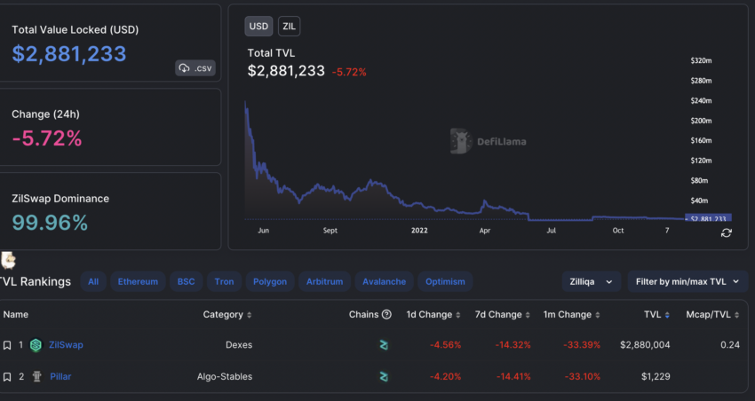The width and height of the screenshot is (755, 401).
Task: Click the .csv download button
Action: pyautogui.click(x=195, y=67)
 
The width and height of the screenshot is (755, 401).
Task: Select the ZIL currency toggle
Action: pyautogui.click(x=289, y=26)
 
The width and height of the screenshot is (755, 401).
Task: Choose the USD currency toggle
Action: pyautogui.click(x=258, y=26)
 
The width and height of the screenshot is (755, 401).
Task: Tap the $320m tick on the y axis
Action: pyautogui.click(x=702, y=60)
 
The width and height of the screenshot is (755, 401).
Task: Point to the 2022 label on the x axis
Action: pyautogui.click(x=420, y=231)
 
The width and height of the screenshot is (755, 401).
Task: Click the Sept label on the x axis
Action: pyautogui.click(x=330, y=231)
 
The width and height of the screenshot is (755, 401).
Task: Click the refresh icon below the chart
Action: pyautogui.click(x=726, y=232)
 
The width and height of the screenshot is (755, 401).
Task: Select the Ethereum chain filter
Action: pyautogui.click(x=138, y=282)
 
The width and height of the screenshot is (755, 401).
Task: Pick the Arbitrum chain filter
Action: pyautogui.click(x=324, y=282)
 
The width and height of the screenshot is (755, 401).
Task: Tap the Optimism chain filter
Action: pyautogui.click(x=445, y=282)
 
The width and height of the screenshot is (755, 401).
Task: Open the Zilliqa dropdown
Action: pyautogui.click(x=591, y=282)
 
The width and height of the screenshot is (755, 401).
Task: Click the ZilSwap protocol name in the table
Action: pyautogui.click(x=66, y=344)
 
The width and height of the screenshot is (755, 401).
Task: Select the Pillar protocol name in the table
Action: pyautogui.click(x=60, y=376)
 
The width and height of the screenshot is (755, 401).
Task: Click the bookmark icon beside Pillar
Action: pyautogui.click(x=7, y=376)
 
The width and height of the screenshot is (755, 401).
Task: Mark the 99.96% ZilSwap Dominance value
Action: pyautogui.click(x=50, y=223)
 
